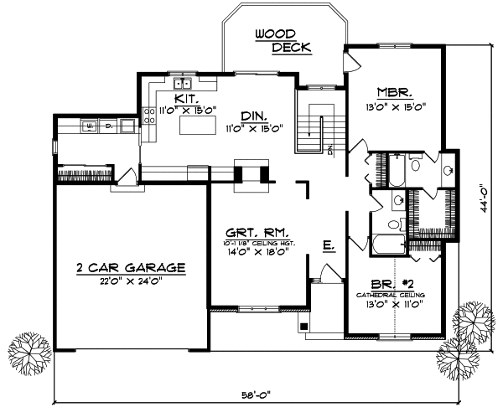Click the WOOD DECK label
tap(283, 40)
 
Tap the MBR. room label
tap(392, 92)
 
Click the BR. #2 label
tap(392, 285)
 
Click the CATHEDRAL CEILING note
tap(392, 296)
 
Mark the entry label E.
tap(329, 245)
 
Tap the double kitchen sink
tap(183, 84)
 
